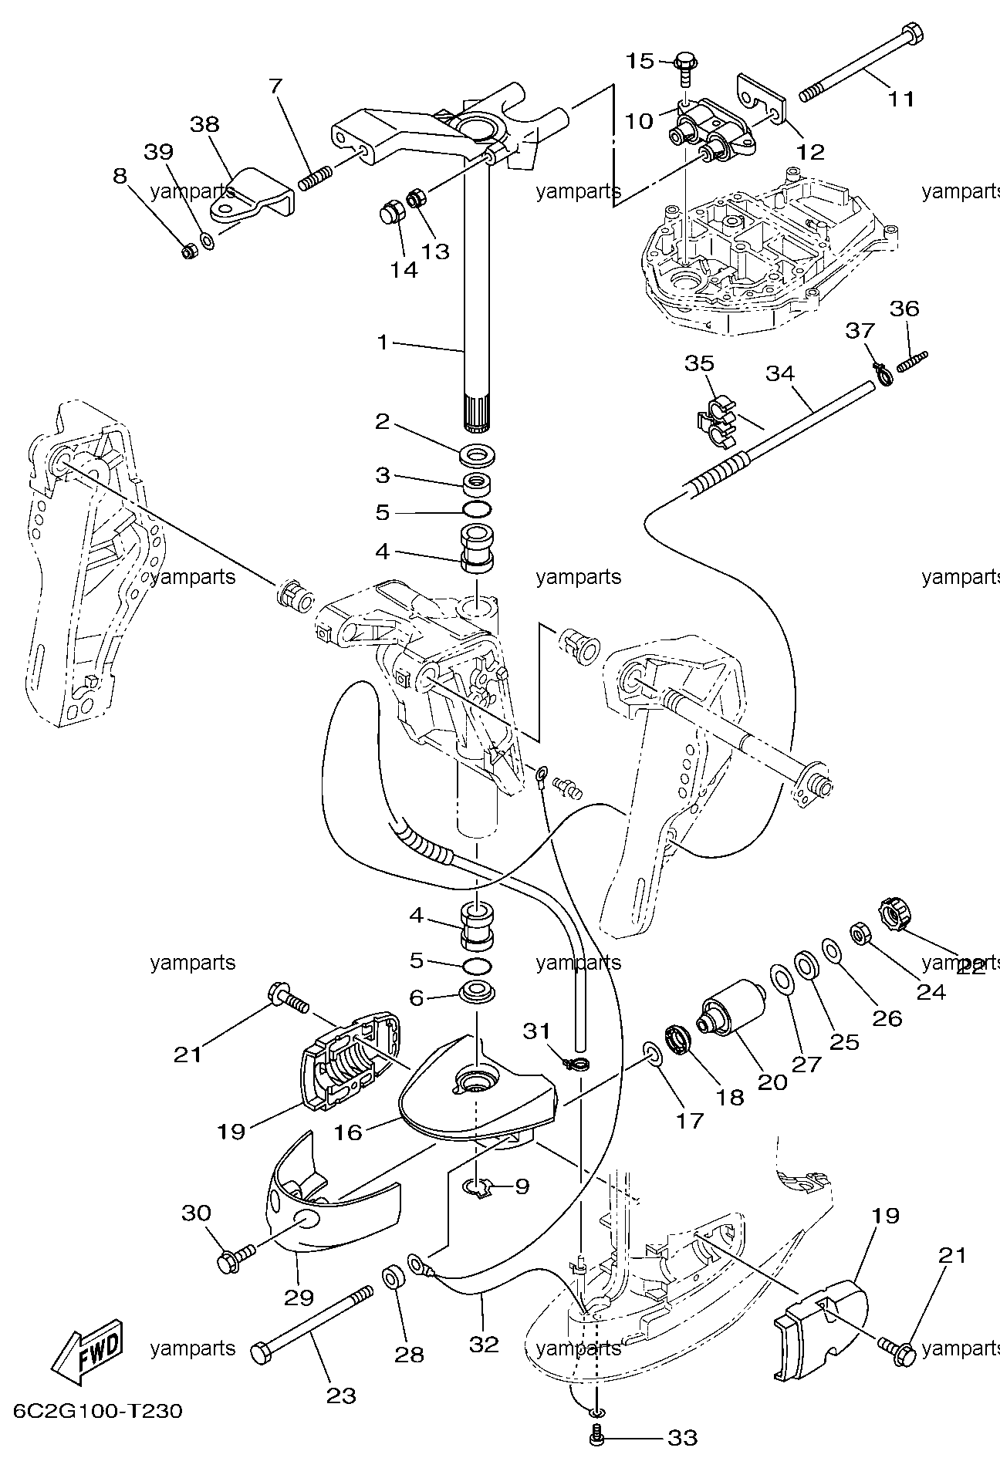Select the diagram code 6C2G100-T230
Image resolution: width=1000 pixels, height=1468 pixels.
(98, 1412)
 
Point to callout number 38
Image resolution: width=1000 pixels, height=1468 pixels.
(204, 124)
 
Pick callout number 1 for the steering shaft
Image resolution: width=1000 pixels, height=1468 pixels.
(383, 342)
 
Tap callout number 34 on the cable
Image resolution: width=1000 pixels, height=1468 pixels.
(780, 374)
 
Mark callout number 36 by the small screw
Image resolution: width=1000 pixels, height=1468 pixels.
(904, 309)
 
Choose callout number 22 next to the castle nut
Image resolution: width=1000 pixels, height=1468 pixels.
(971, 967)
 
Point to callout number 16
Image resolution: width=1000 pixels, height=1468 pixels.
(347, 1132)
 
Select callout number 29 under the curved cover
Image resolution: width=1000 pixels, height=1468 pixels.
(299, 1297)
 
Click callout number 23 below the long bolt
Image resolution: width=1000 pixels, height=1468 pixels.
(341, 1395)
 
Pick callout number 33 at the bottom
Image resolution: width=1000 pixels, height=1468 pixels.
(682, 1438)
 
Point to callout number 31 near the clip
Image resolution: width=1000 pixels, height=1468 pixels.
(537, 1031)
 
